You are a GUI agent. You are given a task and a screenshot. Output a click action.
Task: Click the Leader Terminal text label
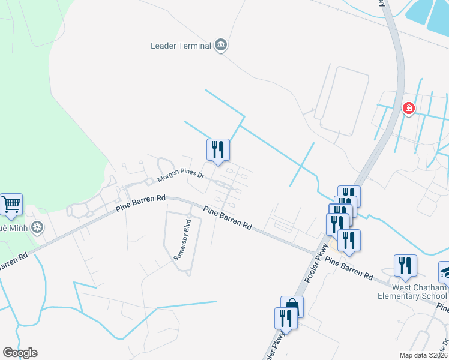click(x=181, y=46)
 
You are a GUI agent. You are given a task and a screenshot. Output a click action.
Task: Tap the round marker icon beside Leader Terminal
click(x=221, y=45)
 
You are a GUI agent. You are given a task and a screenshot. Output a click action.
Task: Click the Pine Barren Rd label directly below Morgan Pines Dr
click(x=140, y=204)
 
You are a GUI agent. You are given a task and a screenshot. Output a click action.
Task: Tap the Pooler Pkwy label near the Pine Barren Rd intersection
click(x=317, y=263)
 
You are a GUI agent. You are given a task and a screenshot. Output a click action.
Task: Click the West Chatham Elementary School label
click(x=412, y=292)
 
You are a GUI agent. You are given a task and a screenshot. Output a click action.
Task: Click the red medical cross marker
click(x=408, y=108)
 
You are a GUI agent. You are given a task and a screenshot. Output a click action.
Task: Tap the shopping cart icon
click(x=11, y=204)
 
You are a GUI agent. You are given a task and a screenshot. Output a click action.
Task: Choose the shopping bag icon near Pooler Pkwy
click(x=292, y=307)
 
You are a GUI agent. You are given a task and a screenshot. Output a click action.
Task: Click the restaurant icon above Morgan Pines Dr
click(x=218, y=149)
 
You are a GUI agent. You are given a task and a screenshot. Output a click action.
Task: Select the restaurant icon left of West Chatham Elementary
click(x=405, y=266)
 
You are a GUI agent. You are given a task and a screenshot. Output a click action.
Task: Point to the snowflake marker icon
click(x=37, y=227)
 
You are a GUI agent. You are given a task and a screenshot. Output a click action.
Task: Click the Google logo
click(x=20, y=353)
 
